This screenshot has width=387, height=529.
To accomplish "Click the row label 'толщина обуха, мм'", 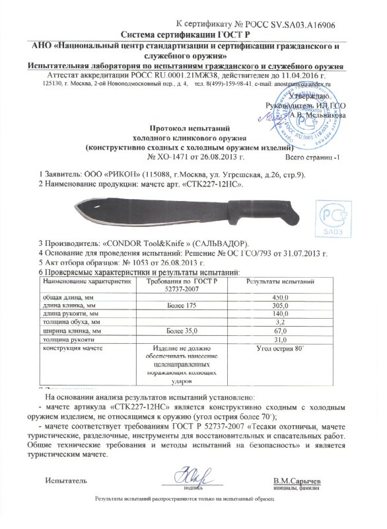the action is click(71, 322).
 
